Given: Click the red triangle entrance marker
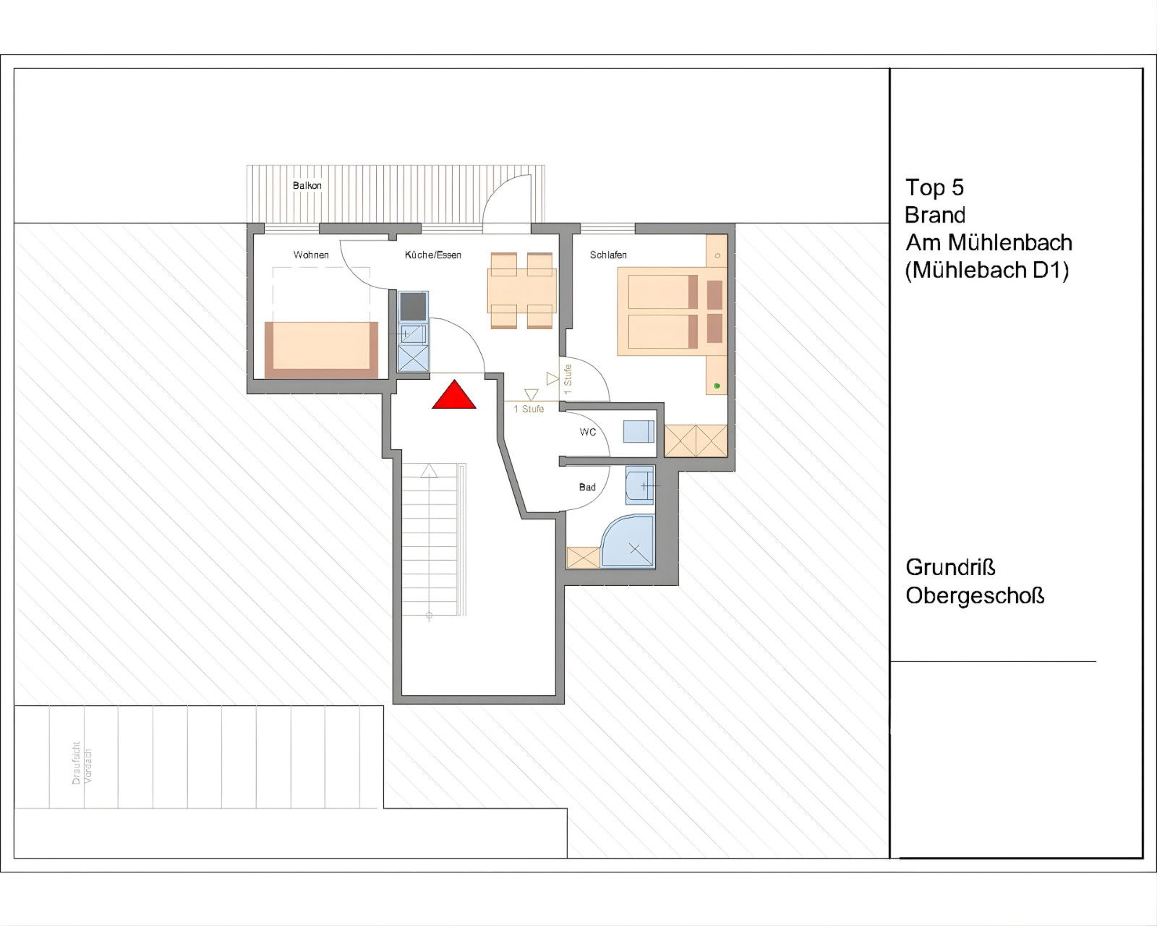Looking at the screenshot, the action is [454, 395].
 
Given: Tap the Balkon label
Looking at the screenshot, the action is [307, 186].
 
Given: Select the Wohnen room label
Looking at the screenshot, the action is [311, 255].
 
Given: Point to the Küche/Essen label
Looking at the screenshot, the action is [433, 255].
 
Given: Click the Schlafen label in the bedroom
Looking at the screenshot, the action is [608, 255].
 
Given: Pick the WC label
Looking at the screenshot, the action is [588, 432].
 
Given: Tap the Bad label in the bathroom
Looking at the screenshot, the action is [587, 487].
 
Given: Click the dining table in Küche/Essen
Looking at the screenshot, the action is [522, 291].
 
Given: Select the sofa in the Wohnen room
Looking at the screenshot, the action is [322, 349].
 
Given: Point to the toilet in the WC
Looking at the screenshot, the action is [639, 431].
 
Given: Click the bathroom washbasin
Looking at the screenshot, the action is [640, 485].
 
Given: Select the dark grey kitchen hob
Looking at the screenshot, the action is [413, 307].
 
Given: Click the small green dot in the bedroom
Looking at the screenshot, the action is [717, 386].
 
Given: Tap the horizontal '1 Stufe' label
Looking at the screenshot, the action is [529, 409].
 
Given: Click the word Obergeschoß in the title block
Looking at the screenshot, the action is [975, 596].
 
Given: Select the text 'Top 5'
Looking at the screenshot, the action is [935, 188].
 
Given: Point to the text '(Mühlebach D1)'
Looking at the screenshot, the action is [987, 270].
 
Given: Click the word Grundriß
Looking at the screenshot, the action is [950, 567].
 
